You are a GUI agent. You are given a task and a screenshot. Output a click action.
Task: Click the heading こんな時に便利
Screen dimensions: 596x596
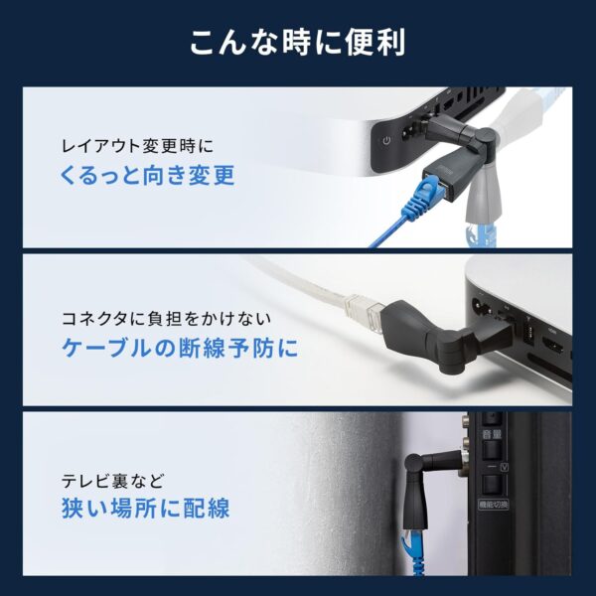[297, 43]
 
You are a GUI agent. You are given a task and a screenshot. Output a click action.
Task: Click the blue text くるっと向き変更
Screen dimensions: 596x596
[148, 176]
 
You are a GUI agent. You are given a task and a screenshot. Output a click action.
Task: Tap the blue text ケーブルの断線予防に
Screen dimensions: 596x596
[180, 349]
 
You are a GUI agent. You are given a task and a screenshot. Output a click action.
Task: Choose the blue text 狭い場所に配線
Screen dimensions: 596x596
[145, 510]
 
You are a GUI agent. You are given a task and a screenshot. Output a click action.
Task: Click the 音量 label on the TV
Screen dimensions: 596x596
[489, 433]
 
